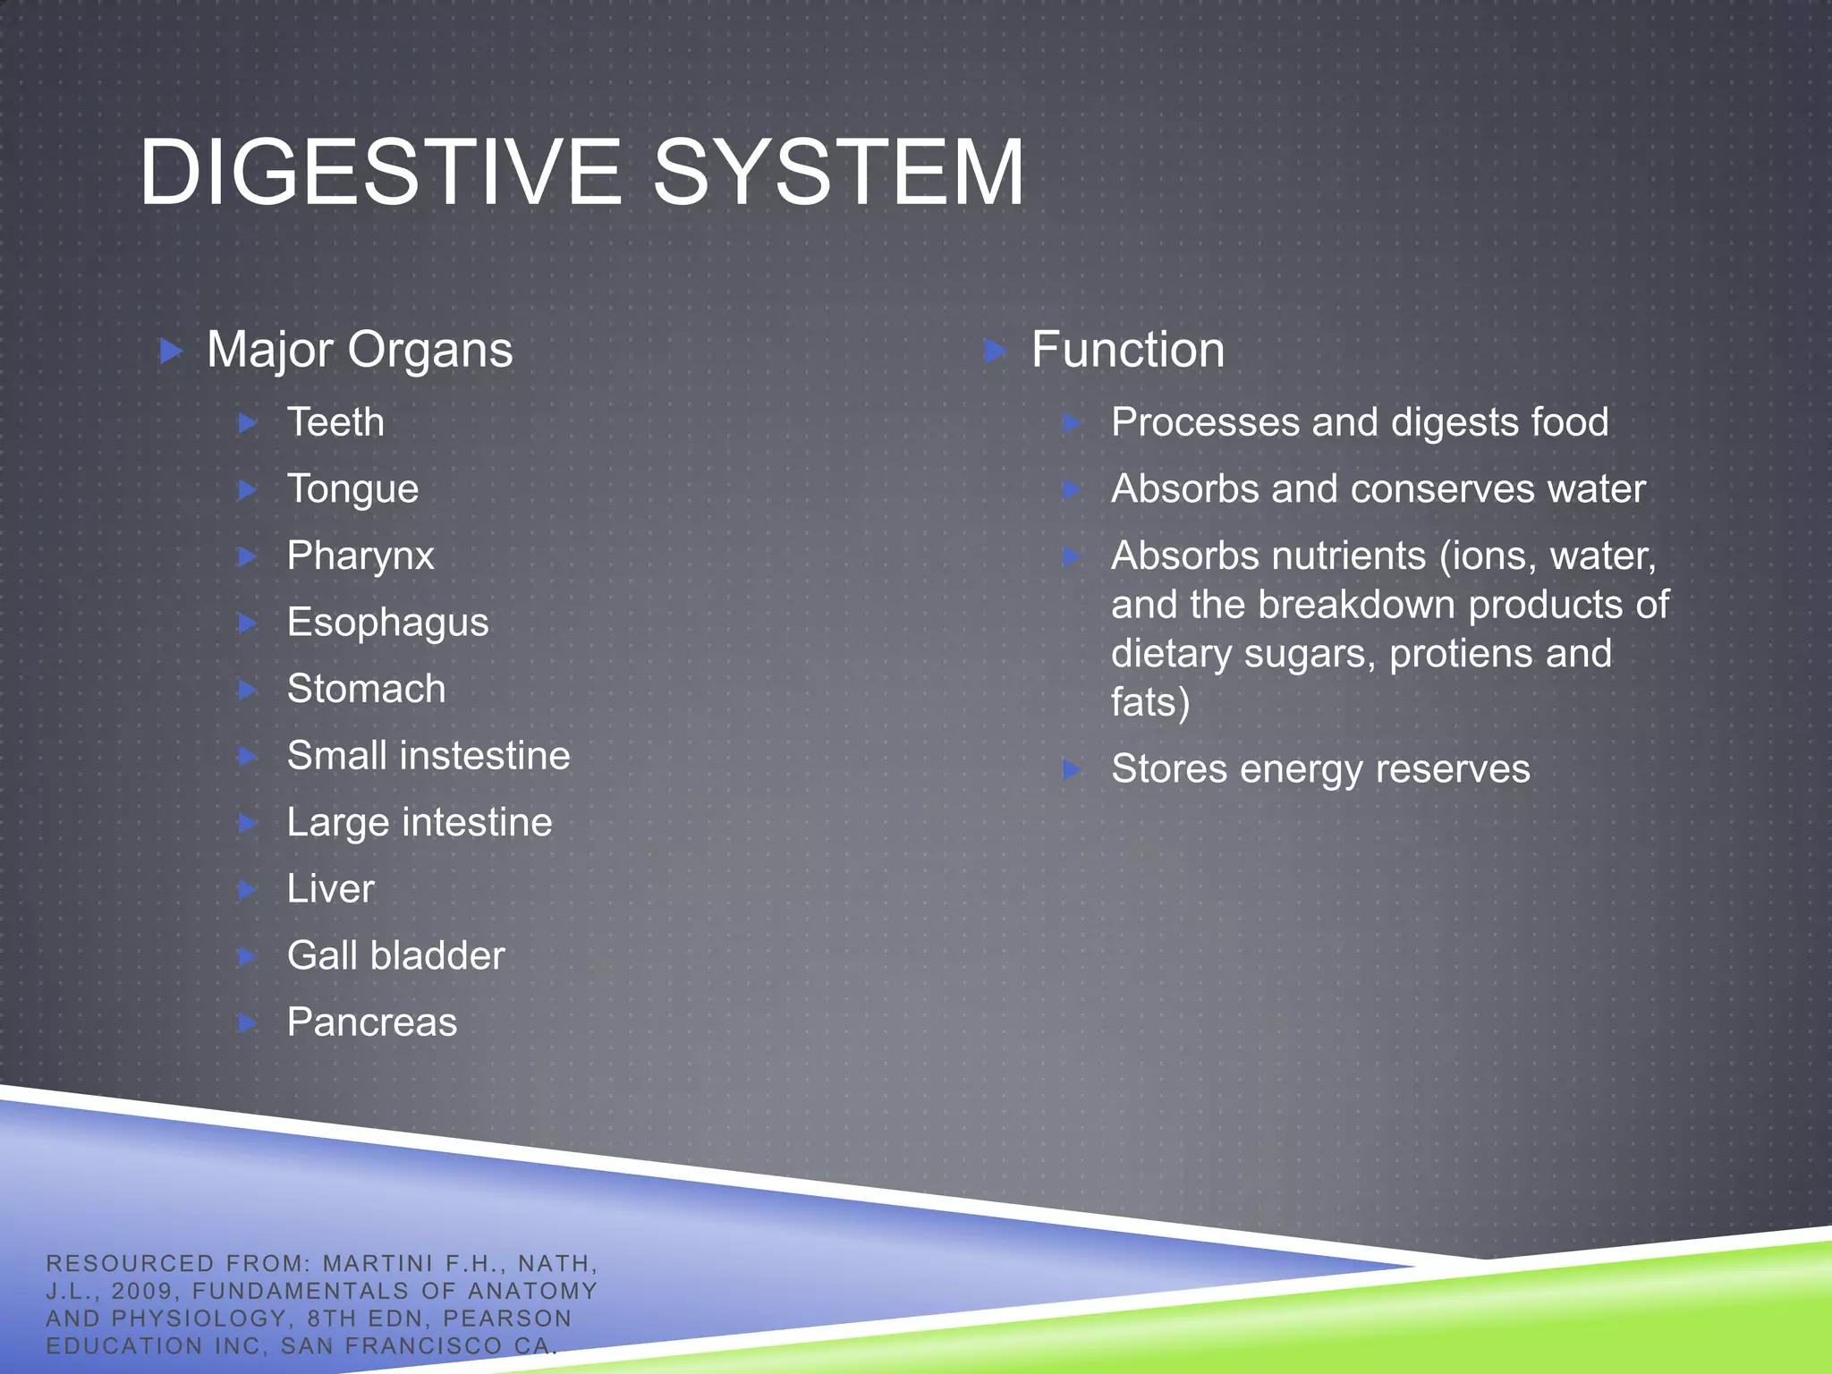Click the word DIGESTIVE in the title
tap(380, 172)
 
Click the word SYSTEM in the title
tap(838, 172)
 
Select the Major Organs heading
tap(360, 349)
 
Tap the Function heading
tap(1127, 349)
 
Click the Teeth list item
tap(335, 422)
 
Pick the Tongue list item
tap(352, 489)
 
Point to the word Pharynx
tap(360, 556)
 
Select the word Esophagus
tap(387, 623)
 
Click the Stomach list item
tap(366, 689)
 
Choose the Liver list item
tap(330, 889)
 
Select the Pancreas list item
tap(371, 1022)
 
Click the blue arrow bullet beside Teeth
tap(249, 423)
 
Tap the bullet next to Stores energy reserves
tap(1073, 770)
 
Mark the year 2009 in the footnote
tap(141, 1291)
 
